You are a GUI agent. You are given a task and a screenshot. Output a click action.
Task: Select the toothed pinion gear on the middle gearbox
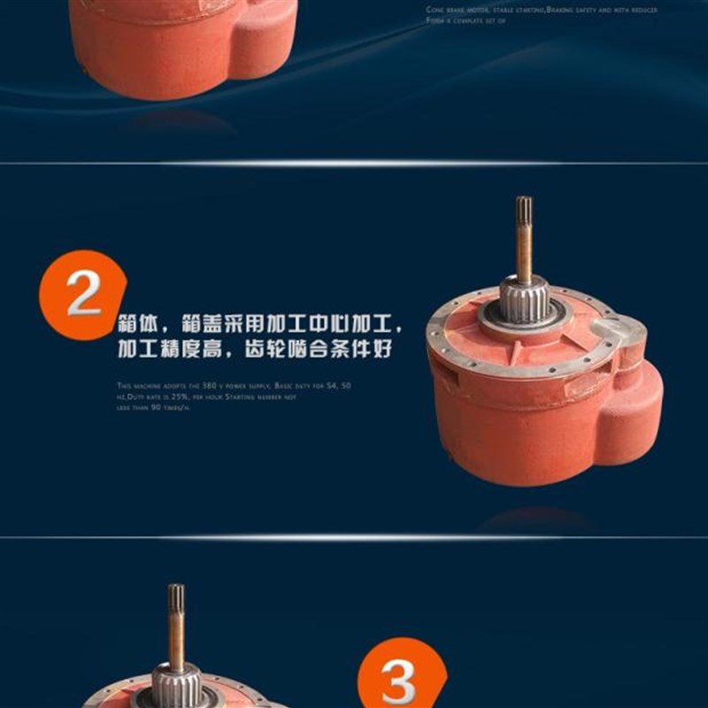click(x=525, y=299)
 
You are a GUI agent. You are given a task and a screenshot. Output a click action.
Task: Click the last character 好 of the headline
click(x=382, y=348)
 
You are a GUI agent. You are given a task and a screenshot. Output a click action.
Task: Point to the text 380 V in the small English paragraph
click(x=234, y=387)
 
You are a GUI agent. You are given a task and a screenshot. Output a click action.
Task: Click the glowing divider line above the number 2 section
click(x=354, y=164)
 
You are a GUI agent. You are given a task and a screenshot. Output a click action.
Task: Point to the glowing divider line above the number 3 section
click(x=354, y=537)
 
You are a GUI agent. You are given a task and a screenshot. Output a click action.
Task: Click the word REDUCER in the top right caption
click(x=644, y=10)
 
